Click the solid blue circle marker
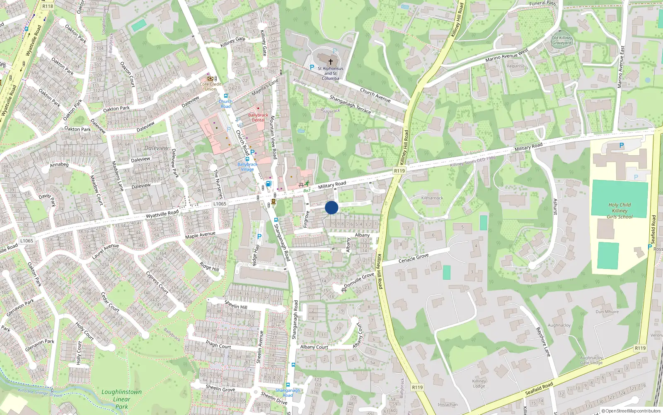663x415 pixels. pos(331,207)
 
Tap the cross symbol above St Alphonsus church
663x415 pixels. pos(330,61)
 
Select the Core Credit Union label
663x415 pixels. pos(211,86)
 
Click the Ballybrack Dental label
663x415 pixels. pos(258,117)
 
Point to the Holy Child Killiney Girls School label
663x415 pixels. pos(619,210)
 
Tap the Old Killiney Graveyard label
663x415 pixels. pos(561,40)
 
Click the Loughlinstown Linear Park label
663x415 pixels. pos(121,399)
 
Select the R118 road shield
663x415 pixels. pos(48,6)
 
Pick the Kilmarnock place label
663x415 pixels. pos(432,198)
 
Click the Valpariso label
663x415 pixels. pos(515,66)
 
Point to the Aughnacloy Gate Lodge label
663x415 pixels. pos(591,360)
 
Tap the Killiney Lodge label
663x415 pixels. pos(479,383)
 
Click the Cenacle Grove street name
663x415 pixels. pos(413,258)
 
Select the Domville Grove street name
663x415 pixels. pos(359,280)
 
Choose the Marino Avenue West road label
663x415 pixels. pos(506,56)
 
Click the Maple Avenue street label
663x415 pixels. pos(200,235)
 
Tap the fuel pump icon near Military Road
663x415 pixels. pos(269,183)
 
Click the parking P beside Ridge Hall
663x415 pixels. pos(259,237)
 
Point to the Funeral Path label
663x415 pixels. pos(542,3)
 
